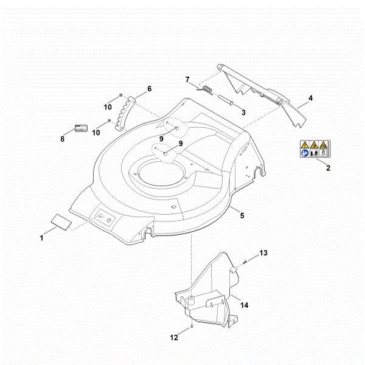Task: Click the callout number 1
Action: pos(41,238)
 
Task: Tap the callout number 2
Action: pos(328,168)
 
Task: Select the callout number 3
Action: pos(242,112)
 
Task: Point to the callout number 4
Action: pos(310,98)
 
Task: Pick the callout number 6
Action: pos(149,89)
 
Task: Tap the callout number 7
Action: pos(187,79)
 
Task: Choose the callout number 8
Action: pos(62,139)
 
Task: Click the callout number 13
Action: pos(263,252)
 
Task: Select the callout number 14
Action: pos(244,304)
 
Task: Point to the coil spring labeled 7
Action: pos(206,91)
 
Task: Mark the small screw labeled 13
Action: pos(243,261)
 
